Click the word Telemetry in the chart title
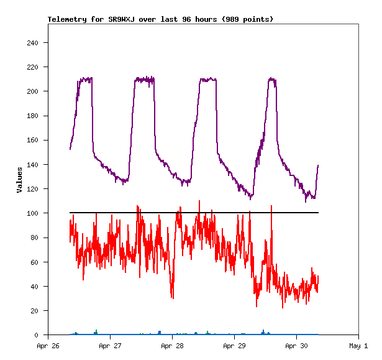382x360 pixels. click(66, 19)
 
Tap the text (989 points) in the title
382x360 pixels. click(247, 19)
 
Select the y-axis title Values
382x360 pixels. click(19, 180)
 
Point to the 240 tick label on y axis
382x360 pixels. click(32, 43)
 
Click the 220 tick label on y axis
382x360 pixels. click(32, 67)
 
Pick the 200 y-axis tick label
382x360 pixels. click(32, 91)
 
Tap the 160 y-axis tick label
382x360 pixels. click(32, 141)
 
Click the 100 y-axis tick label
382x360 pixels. click(32, 213)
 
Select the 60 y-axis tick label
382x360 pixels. click(34, 262)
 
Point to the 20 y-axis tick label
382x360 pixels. click(34, 311)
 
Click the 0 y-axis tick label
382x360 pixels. click(36, 335)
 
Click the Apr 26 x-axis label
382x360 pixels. click(48, 346)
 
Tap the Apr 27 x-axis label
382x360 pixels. click(110, 346)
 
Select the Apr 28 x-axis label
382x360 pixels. click(172, 346)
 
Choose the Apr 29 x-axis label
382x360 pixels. click(234, 346)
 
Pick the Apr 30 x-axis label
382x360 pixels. click(296, 346)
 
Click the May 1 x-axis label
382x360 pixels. click(358, 346)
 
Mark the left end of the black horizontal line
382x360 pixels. click(70, 213)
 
